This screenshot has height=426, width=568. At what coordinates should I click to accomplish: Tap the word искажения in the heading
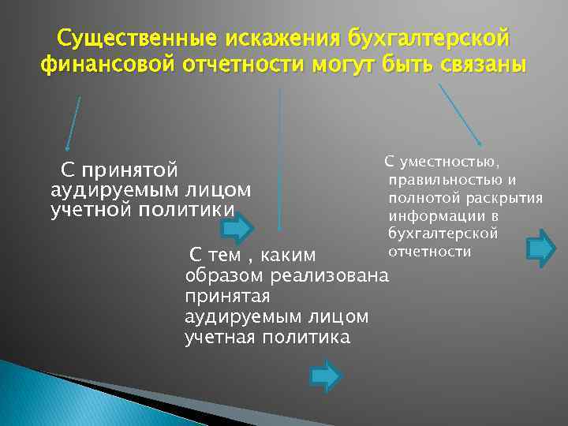[275, 38]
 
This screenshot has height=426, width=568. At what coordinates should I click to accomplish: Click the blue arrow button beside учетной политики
[237, 228]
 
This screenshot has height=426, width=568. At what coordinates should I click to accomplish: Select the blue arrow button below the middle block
[325, 376]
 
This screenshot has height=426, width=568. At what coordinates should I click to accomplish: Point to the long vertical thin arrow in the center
[280, 158]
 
